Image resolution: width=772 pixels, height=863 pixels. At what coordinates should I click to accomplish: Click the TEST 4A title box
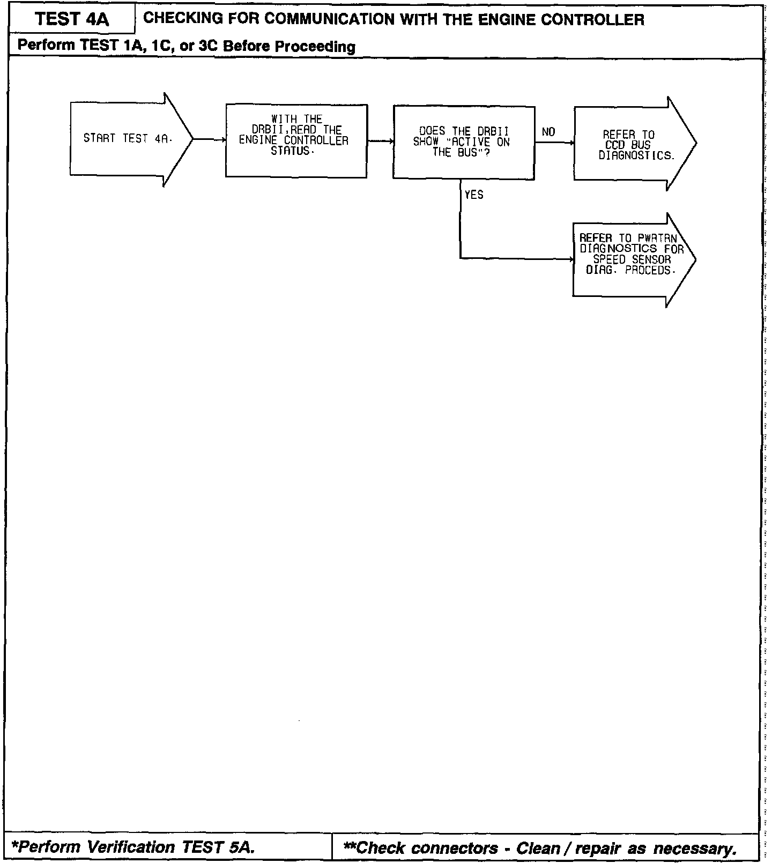[71, 20]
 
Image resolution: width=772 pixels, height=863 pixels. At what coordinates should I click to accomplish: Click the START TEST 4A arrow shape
[129, 139]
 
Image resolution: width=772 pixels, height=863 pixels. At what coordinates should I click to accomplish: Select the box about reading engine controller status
[296, 140]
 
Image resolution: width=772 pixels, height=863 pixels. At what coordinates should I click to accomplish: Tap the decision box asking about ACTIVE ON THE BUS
[463, 142]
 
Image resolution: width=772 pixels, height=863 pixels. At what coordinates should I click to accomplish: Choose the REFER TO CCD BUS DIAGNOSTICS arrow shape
[633, 144]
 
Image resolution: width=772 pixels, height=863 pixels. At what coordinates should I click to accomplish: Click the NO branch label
[548, 132]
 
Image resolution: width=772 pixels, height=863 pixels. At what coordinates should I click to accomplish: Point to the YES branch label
[474, 195]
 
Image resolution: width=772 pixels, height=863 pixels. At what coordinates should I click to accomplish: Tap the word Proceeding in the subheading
[316, 47]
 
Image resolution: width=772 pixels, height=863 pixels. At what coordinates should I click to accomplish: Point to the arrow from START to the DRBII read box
[209, 139]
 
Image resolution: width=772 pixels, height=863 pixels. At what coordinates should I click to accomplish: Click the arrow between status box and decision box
[380, 141]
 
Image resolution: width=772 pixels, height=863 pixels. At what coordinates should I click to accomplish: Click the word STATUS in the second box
[290, 151]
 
